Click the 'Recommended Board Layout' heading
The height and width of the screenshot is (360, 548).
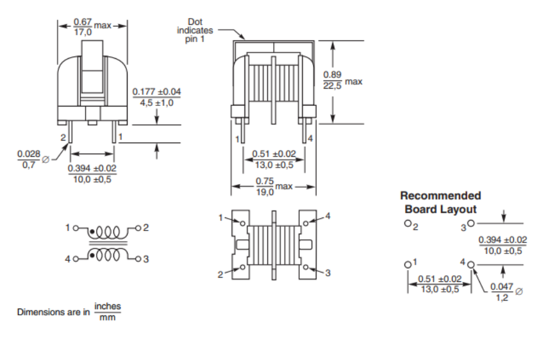[x=441, y=202]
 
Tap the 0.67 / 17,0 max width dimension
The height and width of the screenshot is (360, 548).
[x=92, y=27]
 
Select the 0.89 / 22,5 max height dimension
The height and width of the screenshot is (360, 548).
[x=342, y=80]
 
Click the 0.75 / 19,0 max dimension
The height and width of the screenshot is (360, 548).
[x=274, y=187]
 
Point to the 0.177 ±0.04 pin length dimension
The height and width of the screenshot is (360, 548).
[x=157, y=97]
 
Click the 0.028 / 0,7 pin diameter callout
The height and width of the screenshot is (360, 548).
[x=29, y=159]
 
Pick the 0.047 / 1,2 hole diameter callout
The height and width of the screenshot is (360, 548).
[x=502, y=292]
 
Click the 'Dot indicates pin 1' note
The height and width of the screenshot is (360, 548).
[x=194, y=30]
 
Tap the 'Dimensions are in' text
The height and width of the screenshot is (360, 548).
[x=53, y=312]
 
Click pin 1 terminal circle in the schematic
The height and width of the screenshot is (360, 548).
[x=76, y=228]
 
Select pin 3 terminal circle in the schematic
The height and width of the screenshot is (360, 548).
[x=138, y=259]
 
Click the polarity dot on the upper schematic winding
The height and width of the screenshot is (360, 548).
[x=92, y=232]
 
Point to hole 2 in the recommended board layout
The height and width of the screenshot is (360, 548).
[x=407, y=223]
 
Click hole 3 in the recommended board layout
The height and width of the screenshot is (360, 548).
[x=471, y=223]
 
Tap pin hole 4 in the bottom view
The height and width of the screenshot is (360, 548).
[x=306, y=223]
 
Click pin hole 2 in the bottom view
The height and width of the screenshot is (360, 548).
[x=243, y=268]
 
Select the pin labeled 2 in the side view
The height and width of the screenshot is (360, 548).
[x=70, y=134]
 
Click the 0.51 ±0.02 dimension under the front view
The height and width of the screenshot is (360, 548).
[x=274, y=159]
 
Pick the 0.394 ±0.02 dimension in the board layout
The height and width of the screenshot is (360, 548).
[x=503, y=245]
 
